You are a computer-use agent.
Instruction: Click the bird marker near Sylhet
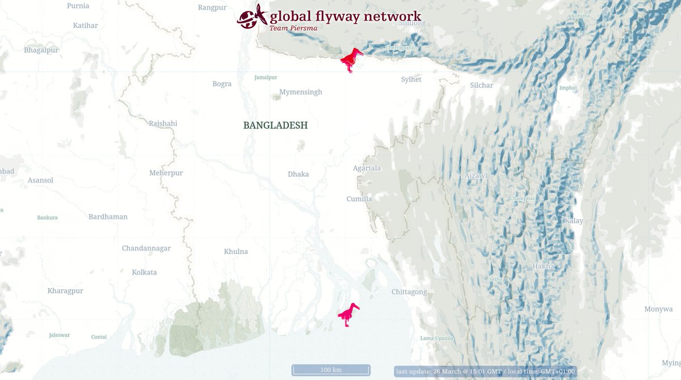pyautogui.click(x=351, y=60)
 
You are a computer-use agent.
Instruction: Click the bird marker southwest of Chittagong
pyautogui.click(x=348, y=314)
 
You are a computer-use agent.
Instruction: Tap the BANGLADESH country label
pyautogui.click(x=275, y=125)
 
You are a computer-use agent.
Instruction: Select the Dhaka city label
pyautogui.click(x=298, y=174)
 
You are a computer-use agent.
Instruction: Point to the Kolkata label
pyautogui.click(x=144, y=272)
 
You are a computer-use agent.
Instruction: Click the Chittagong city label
pyautogui.click(x=409, y=292)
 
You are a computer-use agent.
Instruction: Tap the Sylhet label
pyautogui.click(x=411, y=79)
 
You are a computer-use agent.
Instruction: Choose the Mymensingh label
pyautogui.click(x=300, y=92)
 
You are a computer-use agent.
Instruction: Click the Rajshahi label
pyautogui.click(x=163, y=124)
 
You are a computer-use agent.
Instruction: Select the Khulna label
pyautogui.click(x=236, y=251)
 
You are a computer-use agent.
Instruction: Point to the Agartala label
pyautogui.click(x=367, y=168)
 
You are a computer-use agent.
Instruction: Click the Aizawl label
pyautogui.click(x=476, y=176)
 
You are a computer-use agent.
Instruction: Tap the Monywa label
pyautogui.click(x=658, y=309)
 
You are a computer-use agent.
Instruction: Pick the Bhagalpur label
pyautogui.click(x=41, y=50)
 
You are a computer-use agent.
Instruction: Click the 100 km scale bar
pyautogui.click(x=331, y=370)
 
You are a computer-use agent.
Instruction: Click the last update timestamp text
pyautogui.click(x=485, y=371)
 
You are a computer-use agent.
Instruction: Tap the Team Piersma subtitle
pyautogui.click(x=293, y=28)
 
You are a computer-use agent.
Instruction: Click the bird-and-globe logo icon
pyautogui.click(x=252, y=16)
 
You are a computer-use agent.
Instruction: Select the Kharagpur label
pyautogui.click(x=65, y=291)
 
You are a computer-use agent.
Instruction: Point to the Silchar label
pyautogui.click(x=481, y=86)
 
